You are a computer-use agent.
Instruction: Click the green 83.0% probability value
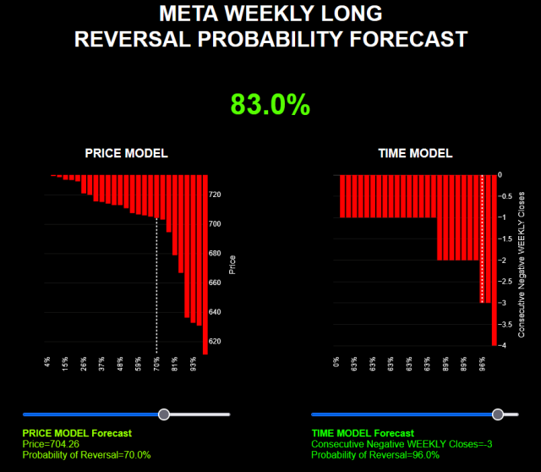tap(270, 104)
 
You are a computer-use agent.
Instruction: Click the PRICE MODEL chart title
tap(126, 153)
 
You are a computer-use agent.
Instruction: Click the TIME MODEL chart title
tap(414, 153)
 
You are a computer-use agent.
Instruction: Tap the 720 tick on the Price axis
tap(215, 195)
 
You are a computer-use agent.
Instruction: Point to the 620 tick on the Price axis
tap(215, 341)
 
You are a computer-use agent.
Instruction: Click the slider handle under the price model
tap(164, 414)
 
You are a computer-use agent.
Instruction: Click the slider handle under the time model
tap(498, 414)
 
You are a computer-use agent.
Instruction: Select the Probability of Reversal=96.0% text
tap(375, 454)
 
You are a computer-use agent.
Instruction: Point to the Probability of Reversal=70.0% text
tap(87, 454)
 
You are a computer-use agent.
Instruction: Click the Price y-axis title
tap(232, 265)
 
